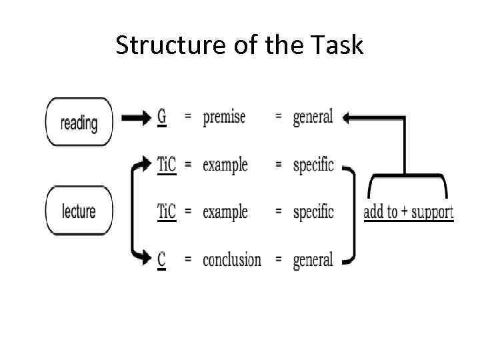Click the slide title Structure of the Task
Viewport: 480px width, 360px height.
239,45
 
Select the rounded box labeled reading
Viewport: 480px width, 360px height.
79,123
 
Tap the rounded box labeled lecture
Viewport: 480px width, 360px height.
79,211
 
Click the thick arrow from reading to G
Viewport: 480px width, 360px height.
137,118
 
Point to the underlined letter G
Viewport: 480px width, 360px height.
162,117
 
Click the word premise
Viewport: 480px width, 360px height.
224,117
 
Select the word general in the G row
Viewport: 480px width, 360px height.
313,118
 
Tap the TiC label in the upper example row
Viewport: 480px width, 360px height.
167,165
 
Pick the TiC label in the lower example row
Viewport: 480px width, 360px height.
167,212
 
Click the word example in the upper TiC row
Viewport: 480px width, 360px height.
225,165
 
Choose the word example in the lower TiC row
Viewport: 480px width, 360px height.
225,212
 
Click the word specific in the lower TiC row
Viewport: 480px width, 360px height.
313,213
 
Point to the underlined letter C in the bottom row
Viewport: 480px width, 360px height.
162,259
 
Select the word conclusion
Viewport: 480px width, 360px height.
232,259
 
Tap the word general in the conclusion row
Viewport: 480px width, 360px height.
313,260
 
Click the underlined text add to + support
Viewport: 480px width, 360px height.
409,212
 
